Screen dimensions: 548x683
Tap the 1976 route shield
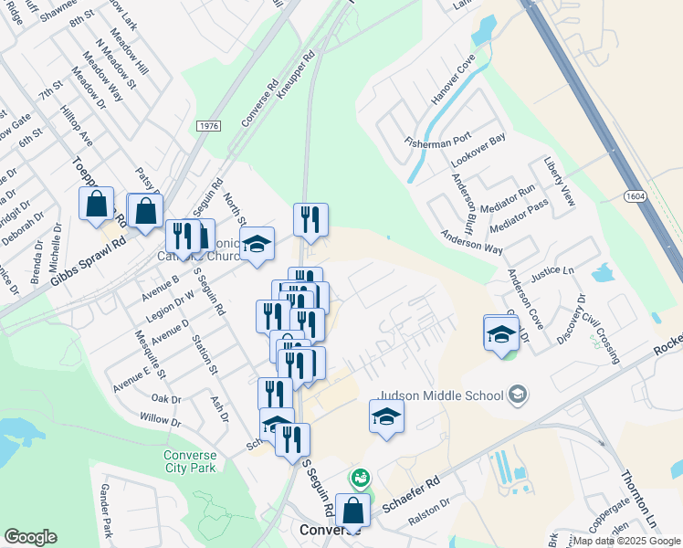(208, 125)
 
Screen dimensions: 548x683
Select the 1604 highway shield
(636, 196)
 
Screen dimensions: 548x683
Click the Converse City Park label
(190, 463)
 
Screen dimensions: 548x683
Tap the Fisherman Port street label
(437, 136)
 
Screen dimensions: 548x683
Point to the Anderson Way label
(471, 240)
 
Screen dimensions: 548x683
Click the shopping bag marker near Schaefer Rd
(351, 511)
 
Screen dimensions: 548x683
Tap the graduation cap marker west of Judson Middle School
(387, 417)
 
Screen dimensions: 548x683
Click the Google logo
(30, 537)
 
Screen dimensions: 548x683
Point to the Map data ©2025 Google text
(626, 541)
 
